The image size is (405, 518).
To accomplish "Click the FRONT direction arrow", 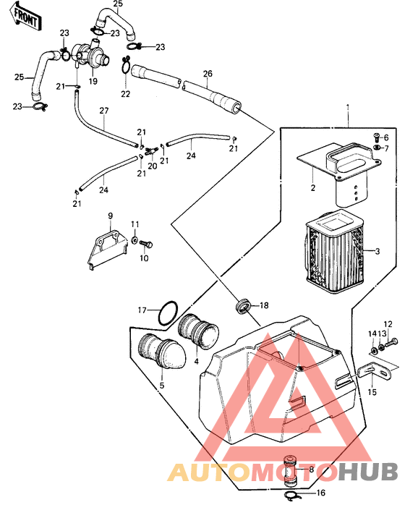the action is (24, 17).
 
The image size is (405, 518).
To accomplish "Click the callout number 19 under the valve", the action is (93, 81).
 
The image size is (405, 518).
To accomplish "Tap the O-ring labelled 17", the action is (168, 313).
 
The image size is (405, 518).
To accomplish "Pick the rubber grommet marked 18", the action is (243, 305).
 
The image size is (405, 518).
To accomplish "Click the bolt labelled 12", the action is (391, 343).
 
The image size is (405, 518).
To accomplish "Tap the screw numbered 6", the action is (378, 135).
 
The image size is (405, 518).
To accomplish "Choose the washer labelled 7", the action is (378, 148).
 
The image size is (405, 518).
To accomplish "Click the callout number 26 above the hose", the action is (208, 74).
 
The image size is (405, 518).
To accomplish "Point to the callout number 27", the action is (104, 111).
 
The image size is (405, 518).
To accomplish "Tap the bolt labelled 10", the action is (146, 245).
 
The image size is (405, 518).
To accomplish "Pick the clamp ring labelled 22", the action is (126, 65).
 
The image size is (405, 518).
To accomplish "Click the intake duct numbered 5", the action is (161, 352).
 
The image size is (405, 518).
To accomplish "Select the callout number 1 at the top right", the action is (348, 107).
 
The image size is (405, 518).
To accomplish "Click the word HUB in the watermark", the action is (368, 472).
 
